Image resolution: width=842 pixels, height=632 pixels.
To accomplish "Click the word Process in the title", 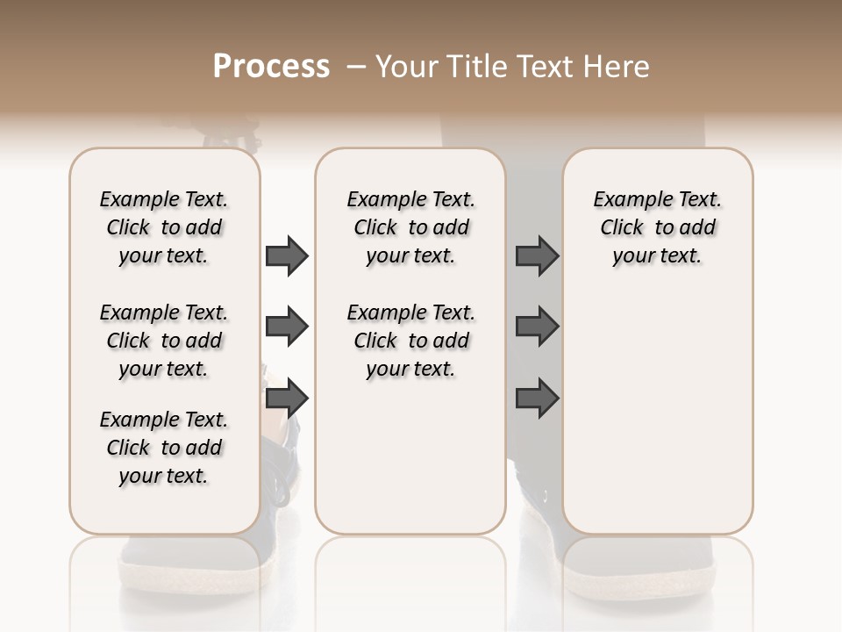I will click(x=271, y=67).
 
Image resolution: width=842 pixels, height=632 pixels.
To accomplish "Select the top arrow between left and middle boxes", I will click(x=287, y=256).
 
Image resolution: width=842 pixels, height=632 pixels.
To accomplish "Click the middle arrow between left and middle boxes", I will click(x=287, y=327).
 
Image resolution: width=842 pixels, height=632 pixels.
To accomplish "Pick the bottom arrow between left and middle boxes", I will click(x=287, y=399).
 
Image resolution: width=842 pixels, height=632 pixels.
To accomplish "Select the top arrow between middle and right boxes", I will click(x=537, y=256).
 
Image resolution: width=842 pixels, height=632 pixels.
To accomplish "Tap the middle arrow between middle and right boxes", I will click(x=537, y=327).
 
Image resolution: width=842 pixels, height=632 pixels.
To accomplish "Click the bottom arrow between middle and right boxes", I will click(x=537, y=399).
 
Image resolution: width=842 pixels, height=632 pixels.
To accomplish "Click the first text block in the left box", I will click(x=164, y=227).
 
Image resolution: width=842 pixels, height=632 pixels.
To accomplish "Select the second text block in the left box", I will click(x=164, y=341).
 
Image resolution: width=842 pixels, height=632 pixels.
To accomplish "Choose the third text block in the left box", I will click(x=164, y=448).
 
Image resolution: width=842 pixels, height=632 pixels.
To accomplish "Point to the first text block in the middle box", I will click(x=410, y=227).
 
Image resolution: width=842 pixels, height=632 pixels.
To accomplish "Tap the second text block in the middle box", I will click(x=410, y=341).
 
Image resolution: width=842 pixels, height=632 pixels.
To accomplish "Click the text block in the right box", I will click(x=657, y=227).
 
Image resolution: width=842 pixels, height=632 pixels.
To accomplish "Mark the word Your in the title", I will click(x=406, y=67).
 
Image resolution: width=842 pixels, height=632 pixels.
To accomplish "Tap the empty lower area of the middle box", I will click(x=410, y=456).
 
